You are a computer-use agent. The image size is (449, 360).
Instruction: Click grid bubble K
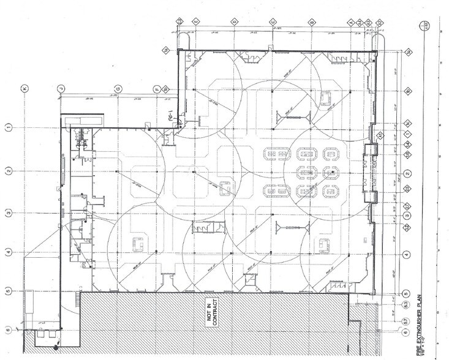(x=24, y=88)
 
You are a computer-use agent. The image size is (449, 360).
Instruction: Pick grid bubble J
(x=61, y=88)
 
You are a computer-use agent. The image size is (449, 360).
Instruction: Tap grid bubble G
(x=118, y=88)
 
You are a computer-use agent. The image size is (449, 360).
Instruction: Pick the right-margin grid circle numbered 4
(x=406, y=253)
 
